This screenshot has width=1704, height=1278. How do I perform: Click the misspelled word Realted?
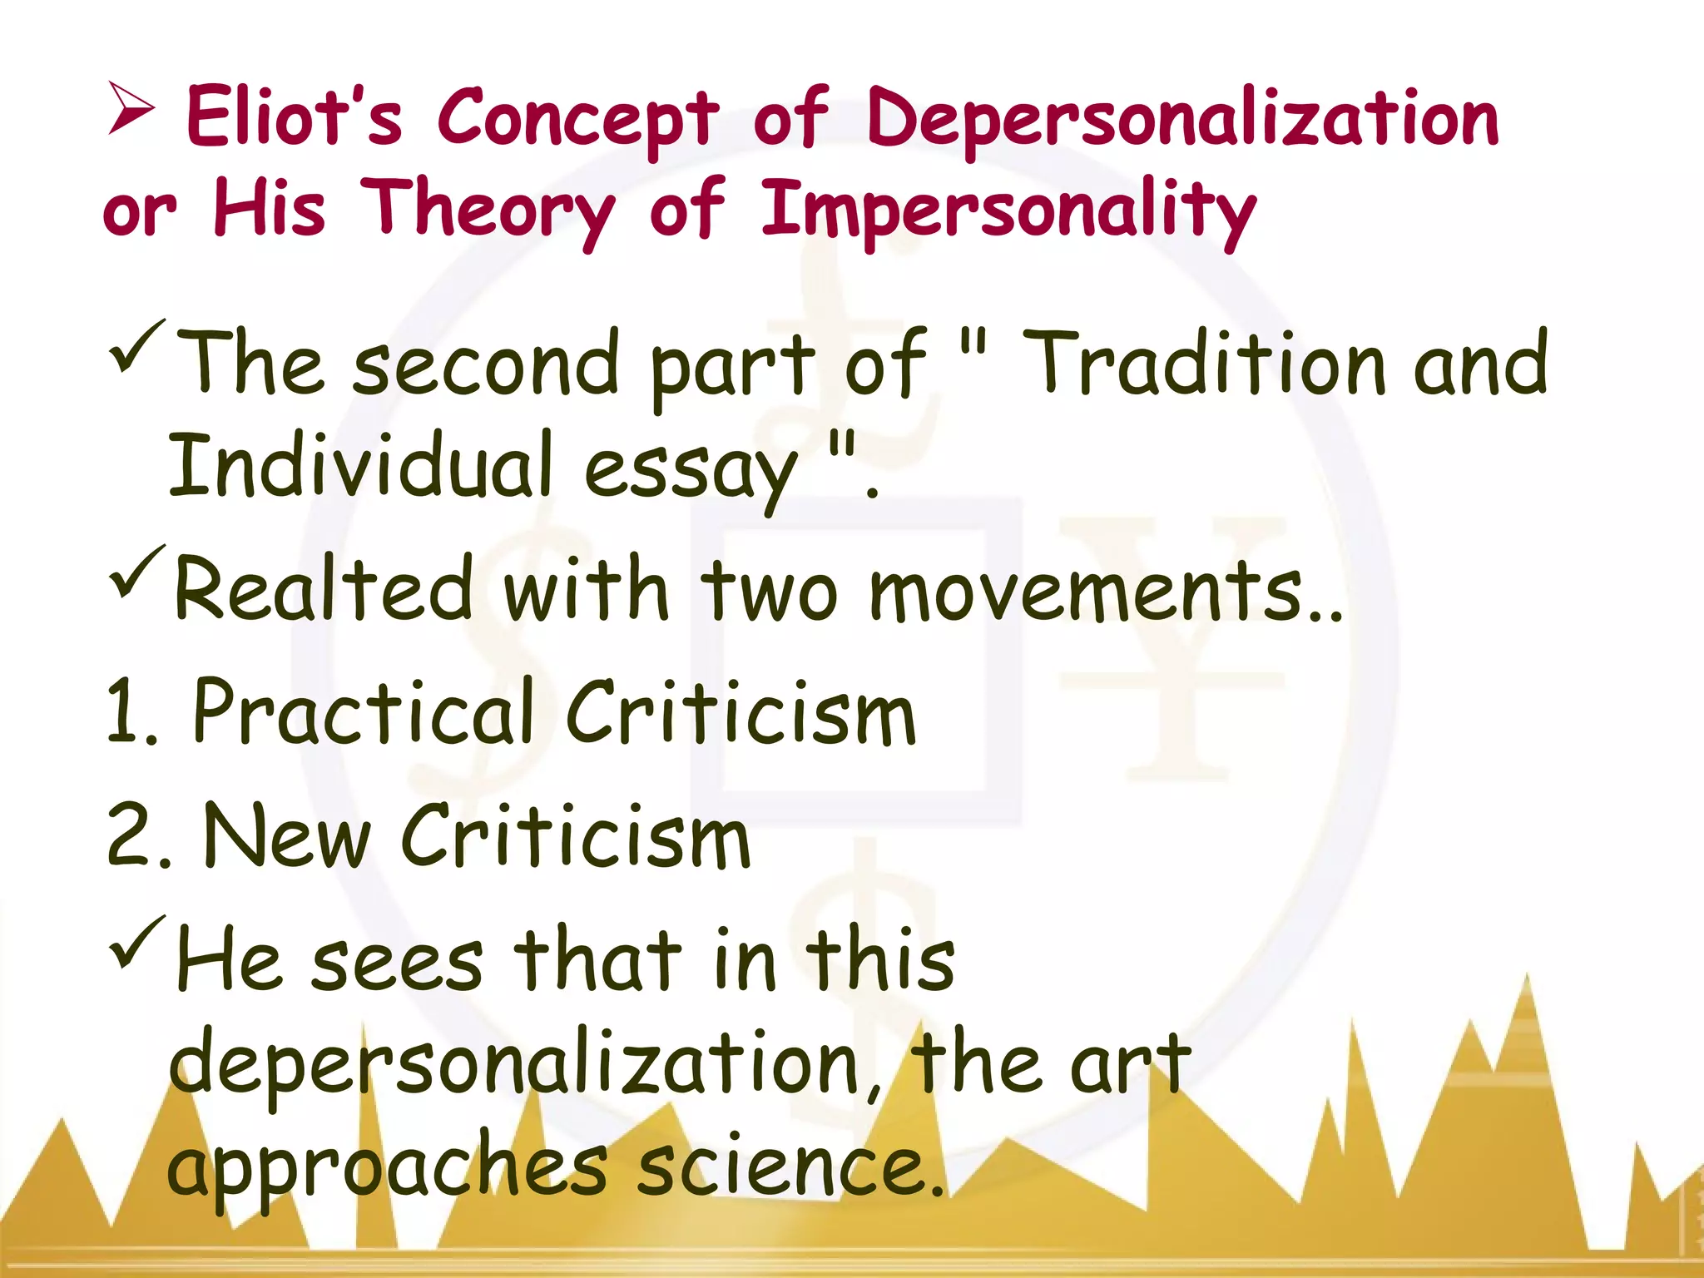pyautogui.click(x=324, y=587)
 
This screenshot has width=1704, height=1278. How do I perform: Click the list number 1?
pyautogui.click(x=130, y=711)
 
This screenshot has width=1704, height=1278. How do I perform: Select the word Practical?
pyautogui.click(x=363, y=711)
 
